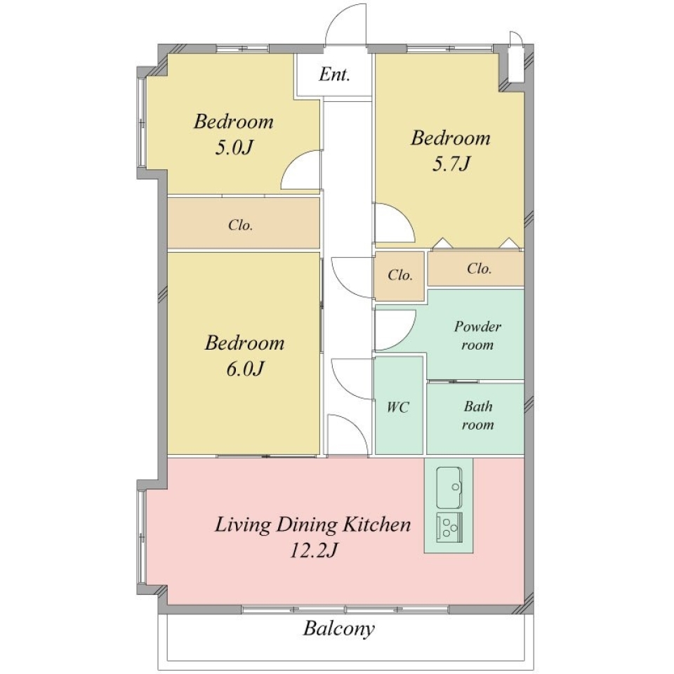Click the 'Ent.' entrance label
334,74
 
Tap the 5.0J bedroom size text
233,148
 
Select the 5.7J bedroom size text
451,164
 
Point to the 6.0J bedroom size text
245,369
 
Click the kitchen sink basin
449,487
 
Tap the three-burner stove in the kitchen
449,527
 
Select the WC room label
397,407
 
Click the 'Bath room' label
477,416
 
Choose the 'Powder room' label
477,336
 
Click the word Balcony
338,629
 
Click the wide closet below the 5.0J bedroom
244,223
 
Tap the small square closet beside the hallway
399,275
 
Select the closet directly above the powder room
476,269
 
